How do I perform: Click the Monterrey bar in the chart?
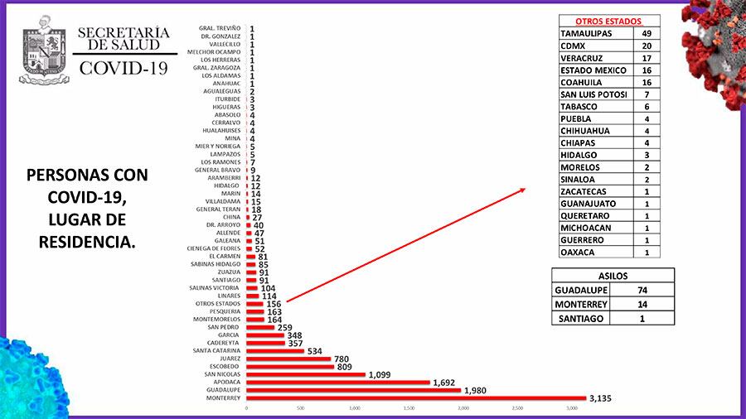coord(414,397)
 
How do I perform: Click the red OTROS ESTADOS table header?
coord(608,22)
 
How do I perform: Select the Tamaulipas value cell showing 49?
coord(647,33)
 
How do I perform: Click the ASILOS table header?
coord(613,276)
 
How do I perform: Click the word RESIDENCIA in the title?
coord(87,242)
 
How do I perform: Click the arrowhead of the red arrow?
coord(523,190)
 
